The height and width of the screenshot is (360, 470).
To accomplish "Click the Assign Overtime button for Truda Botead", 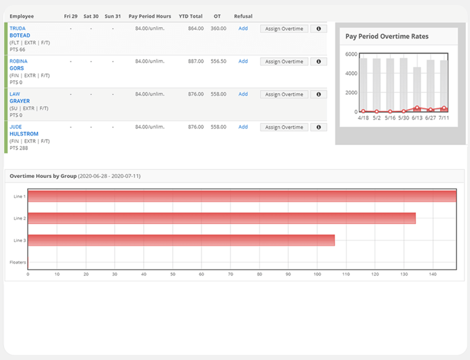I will point(284,29).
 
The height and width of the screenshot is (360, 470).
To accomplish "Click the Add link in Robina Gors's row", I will point(243,61).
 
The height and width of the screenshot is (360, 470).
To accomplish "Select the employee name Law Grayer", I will point(20,98).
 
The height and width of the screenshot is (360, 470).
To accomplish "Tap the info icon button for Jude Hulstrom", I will point(318,127).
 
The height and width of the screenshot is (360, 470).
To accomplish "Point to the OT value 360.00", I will point(218,28).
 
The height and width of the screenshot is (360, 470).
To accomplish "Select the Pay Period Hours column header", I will point(150,16).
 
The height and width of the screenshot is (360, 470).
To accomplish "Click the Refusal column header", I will point(243,16).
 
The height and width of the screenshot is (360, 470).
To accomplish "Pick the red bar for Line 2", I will point(221,218).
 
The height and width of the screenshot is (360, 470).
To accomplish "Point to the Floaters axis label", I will point(18,262).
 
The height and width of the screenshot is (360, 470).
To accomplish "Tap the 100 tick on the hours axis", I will point(317,274).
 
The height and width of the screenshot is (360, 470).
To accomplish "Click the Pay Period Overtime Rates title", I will point(387,37).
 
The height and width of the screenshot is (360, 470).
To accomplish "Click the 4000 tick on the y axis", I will point(351,73).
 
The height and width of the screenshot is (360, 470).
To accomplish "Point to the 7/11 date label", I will point(443,118).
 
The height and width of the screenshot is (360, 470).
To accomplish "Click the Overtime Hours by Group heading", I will point(43,176).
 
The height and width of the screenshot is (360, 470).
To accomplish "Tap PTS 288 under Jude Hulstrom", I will point(19,148).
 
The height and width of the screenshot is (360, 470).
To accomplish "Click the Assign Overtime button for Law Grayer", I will point(284,95).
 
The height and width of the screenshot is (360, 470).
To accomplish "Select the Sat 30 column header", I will point(91,16).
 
